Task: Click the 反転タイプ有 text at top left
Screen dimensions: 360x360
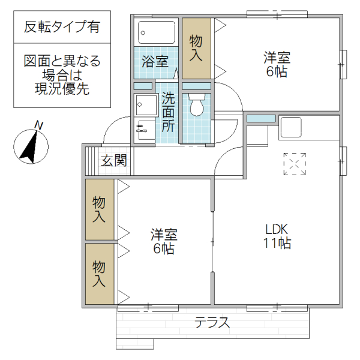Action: (61, 27)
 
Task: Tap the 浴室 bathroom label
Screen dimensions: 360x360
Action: (155, 61)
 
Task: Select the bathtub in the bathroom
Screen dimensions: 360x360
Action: (157, 32)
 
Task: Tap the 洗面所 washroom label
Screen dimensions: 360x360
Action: (168, 112)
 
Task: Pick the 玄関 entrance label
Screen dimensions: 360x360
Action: (113, 161)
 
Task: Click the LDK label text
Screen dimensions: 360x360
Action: (278, 229)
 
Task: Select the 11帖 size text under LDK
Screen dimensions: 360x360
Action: (278, 244)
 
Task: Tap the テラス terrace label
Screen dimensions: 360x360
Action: (212, 323)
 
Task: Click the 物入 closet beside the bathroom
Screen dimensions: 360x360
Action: (197, 48)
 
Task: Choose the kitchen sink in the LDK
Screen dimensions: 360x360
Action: (290, 127)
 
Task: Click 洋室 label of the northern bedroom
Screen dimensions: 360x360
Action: (277, 58)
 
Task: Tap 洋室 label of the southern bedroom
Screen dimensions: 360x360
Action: (163, 234)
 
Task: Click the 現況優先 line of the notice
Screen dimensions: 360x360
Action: (61, 90)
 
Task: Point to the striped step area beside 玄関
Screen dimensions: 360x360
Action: (91, 161)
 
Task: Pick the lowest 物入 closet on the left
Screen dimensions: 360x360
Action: (99, 274)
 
